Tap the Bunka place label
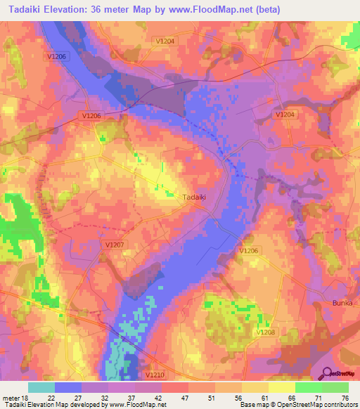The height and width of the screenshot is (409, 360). pyautogui.click(x=342, y=302)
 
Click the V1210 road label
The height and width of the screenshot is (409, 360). pyautogui.click(x=156, y=375)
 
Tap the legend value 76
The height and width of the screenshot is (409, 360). pyautogui.click(x=345, y=397)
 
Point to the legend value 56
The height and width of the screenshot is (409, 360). pyautogui.click(x=239, y=397)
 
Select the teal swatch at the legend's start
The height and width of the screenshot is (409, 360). pyautogui.click(x=41, y=387)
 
